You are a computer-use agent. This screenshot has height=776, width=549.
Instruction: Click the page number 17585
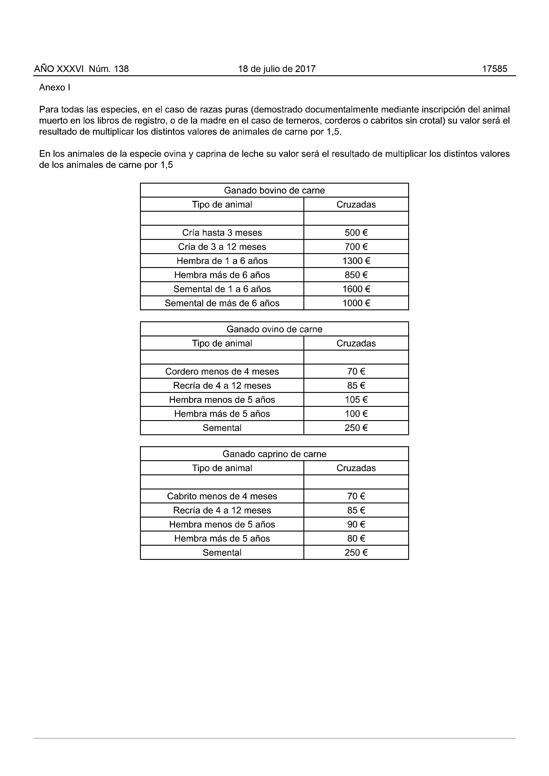[494, 69]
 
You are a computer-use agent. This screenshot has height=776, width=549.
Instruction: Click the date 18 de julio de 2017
[277, 69]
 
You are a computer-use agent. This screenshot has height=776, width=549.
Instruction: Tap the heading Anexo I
[54, 87]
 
